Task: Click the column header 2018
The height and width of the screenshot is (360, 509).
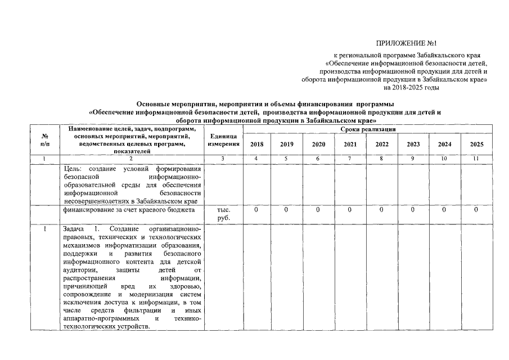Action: pos(256,145)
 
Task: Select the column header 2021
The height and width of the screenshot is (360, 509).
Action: pos(349,145)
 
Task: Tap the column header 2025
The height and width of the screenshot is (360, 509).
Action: pos(476,145)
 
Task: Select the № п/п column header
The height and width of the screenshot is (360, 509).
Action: pos(44,141)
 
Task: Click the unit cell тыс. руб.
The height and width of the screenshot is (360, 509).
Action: pos(223,214)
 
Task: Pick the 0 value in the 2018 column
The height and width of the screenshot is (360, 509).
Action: pos(256,210)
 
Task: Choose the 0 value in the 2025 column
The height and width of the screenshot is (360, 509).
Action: pos(476,210)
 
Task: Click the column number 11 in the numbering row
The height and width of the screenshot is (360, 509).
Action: pos(476,159)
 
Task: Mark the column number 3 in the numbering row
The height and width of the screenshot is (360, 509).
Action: pos(223,159)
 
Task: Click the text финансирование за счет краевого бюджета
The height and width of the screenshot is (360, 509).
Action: pos(129,210)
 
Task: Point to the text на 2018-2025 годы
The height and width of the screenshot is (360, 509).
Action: pos(411,88)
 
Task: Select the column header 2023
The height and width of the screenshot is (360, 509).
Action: pos(413,145)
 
